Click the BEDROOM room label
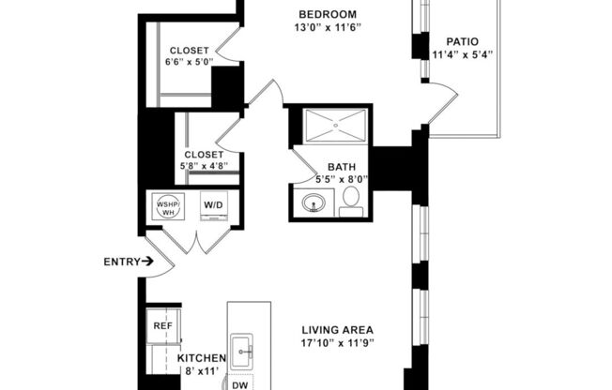(327, 14)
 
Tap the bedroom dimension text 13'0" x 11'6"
(327, 28)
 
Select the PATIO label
(462, 41)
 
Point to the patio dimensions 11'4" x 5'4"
(462, 55)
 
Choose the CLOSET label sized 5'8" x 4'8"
(204, 155)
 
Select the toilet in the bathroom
(351, 199)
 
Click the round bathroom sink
(311, 202)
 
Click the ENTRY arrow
(148, 262)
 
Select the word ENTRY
(121, 262)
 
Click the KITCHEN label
(202, 358)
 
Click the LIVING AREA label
(338, 330)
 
